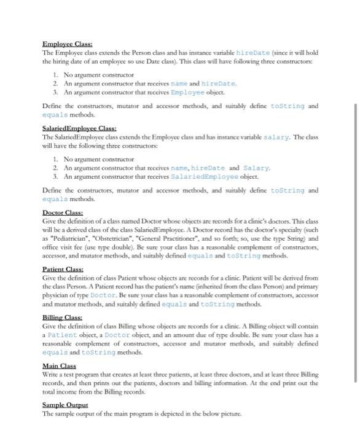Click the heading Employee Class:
68,44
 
